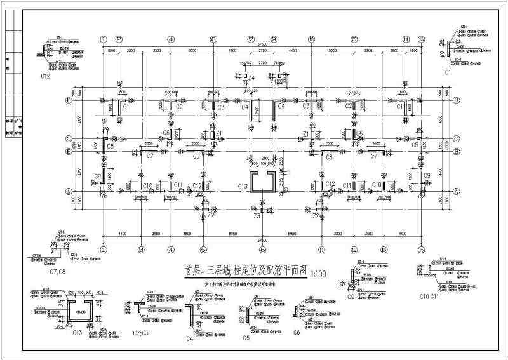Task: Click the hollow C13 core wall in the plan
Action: [x=261, y=182]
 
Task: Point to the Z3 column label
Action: [x=256, y=217]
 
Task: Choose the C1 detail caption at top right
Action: [x=448, y=73]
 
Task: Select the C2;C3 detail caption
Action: [x=141, y=332]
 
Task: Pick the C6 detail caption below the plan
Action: [x=297, y=332]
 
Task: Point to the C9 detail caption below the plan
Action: [x=351, y=296]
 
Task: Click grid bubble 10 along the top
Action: [x=311, y=39]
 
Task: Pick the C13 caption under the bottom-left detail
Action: [x=77, y=332]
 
